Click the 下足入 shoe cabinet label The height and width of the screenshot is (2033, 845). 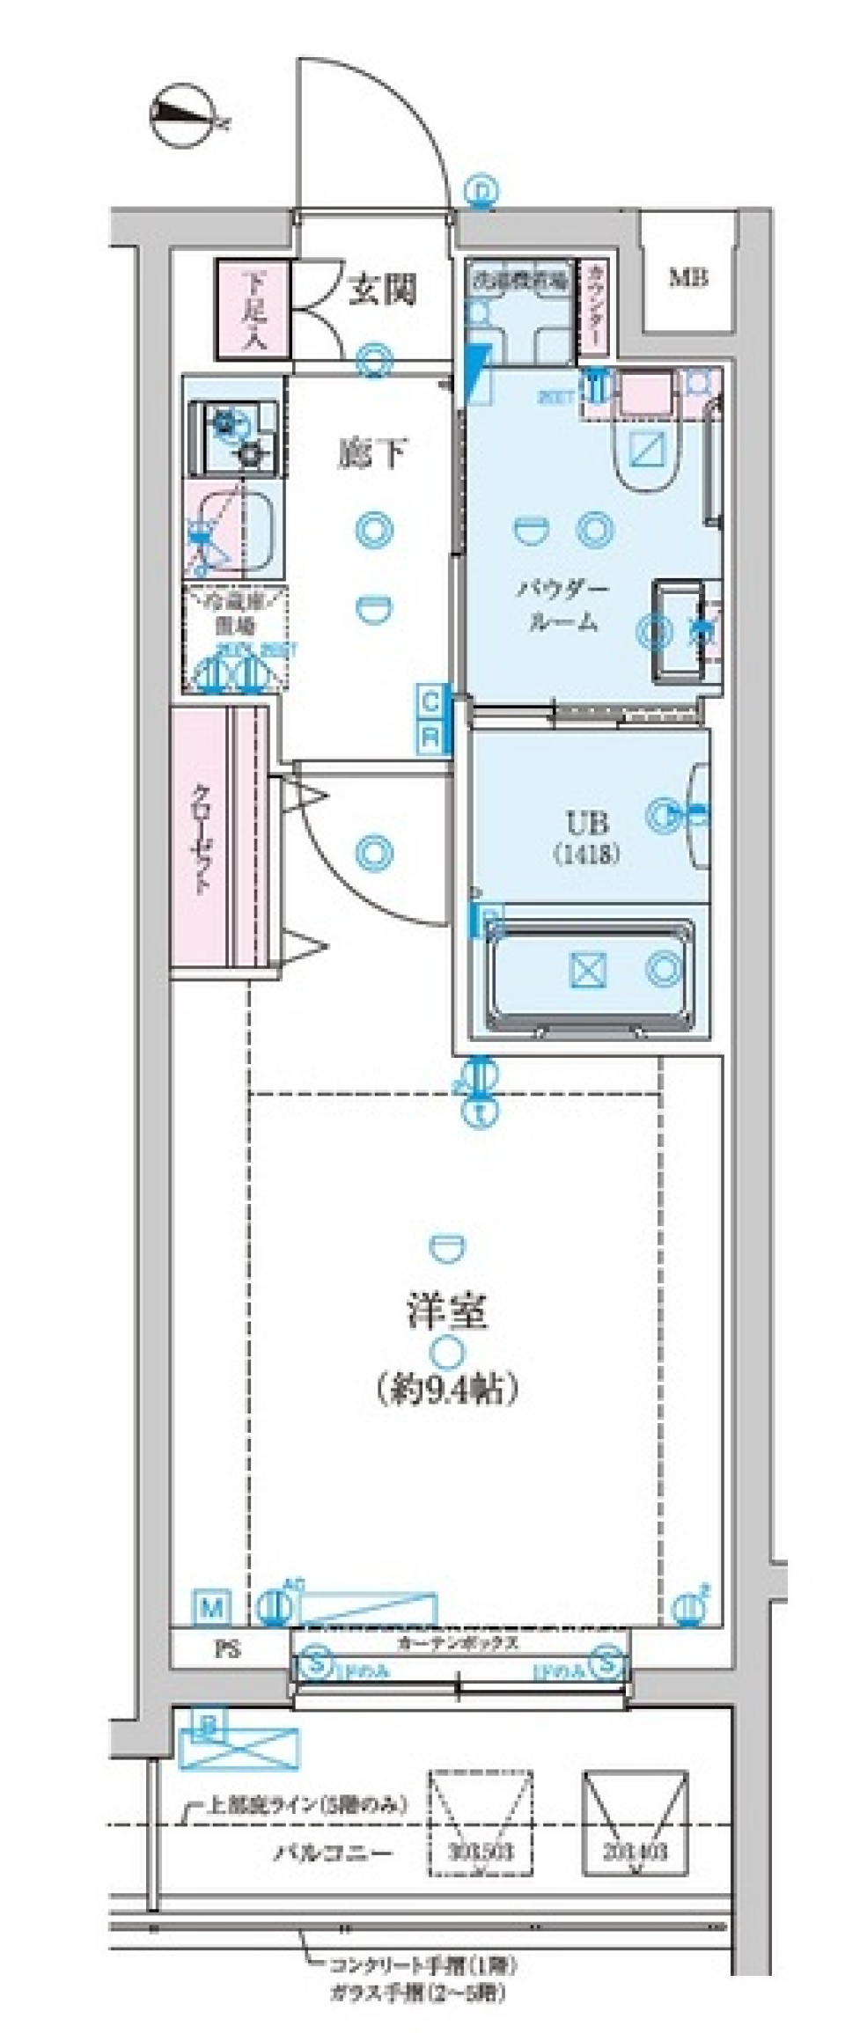(253, 310)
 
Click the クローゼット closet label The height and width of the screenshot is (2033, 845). (202, 840)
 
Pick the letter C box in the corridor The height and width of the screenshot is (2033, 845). (430, 702)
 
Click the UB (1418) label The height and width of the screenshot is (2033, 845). (587, 837)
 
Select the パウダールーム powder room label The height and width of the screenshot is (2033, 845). (562, 605)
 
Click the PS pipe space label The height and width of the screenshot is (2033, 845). (228, 1651)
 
